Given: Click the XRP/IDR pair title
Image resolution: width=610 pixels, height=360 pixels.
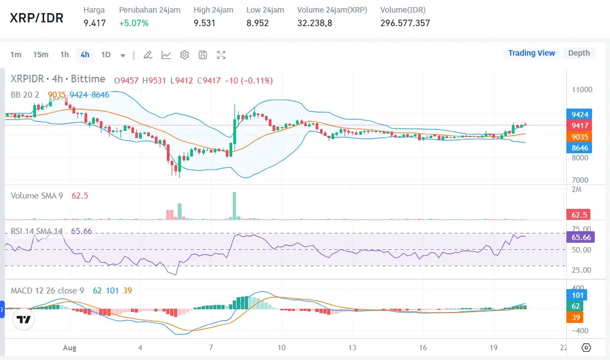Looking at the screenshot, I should [37, 17].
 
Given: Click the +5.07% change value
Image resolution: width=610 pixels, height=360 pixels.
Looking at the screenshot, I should [134, 23].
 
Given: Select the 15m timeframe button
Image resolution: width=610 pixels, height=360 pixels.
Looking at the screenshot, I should [40, 55].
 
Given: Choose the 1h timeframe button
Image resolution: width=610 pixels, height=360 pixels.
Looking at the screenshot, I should [64, 55].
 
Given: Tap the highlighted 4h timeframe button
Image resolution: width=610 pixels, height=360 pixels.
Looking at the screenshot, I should [84, 55].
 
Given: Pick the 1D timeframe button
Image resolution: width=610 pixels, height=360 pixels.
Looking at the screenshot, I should [106, 55].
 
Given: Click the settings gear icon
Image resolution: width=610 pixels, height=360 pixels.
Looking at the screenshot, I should [184, 55].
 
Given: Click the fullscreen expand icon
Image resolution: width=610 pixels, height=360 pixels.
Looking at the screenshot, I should [221, 55].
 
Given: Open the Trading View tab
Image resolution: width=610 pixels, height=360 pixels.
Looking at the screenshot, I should [531, 53].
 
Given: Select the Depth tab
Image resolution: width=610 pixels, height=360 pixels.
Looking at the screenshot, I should [579, 53].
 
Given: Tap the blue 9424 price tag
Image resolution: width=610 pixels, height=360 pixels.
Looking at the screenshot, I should [579, 115].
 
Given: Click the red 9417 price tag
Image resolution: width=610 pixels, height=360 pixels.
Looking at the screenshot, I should [579, 125].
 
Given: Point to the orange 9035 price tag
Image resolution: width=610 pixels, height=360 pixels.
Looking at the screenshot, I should [579, 137].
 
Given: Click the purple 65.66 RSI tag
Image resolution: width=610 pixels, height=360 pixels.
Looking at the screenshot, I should [582, 237].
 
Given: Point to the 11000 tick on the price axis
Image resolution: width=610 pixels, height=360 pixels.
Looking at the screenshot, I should [582, 89].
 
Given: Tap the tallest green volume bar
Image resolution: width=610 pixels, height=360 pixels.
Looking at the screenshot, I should [234, 206].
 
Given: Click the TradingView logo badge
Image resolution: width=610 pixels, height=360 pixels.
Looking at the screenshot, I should [23, 320].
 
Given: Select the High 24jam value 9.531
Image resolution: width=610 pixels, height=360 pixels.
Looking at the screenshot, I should [204, 23].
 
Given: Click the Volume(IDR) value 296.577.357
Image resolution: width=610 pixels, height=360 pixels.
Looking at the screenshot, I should [405, 23].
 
